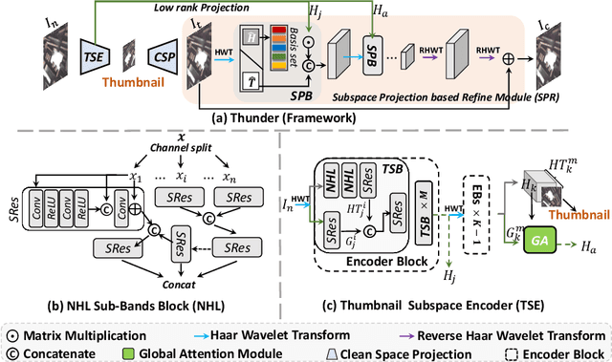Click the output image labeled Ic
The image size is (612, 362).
557,55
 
